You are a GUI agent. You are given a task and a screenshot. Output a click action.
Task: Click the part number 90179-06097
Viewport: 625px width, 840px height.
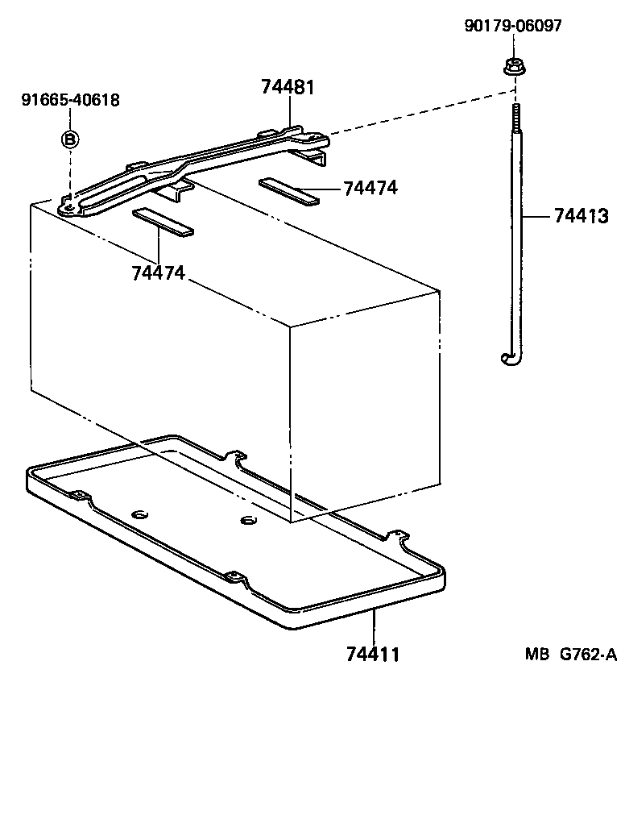click(x=513, y=26)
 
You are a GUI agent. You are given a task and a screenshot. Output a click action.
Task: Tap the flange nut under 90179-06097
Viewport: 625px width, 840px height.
click(x=512, y=67)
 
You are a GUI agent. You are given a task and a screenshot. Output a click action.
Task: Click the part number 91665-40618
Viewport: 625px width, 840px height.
click(x=70, y=100)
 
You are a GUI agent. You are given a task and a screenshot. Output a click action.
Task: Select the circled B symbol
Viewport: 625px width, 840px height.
click(x=70, y=139)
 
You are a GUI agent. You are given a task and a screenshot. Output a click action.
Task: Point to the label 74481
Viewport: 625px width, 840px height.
click(x=288, y=87)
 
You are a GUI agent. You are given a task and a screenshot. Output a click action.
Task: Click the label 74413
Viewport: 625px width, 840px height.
click(x=580, y=216)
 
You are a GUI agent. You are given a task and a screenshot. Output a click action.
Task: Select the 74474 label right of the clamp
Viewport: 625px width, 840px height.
click(x=370, y=188)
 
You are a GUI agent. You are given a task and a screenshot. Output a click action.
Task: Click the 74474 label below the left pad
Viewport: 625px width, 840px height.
click(x=158, y=272)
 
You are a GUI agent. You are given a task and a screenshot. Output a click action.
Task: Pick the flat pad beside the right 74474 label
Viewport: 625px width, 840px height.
click(x=289, y=191)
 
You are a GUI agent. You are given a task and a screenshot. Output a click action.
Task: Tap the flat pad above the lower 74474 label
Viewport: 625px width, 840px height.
click(x=163, y=223)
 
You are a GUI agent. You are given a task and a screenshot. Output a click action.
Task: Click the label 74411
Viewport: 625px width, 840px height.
click(x=373, y=654)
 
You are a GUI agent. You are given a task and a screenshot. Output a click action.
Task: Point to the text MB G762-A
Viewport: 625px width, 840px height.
click(x=571, y=655)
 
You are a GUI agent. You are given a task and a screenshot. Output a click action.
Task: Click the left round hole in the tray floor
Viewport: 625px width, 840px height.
click(x=139, y=514)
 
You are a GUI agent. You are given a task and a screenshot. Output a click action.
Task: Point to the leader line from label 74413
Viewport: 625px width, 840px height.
click(x=536, y=216)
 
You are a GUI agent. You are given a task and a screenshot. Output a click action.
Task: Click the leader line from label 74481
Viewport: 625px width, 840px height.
click(x=288, y=113)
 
